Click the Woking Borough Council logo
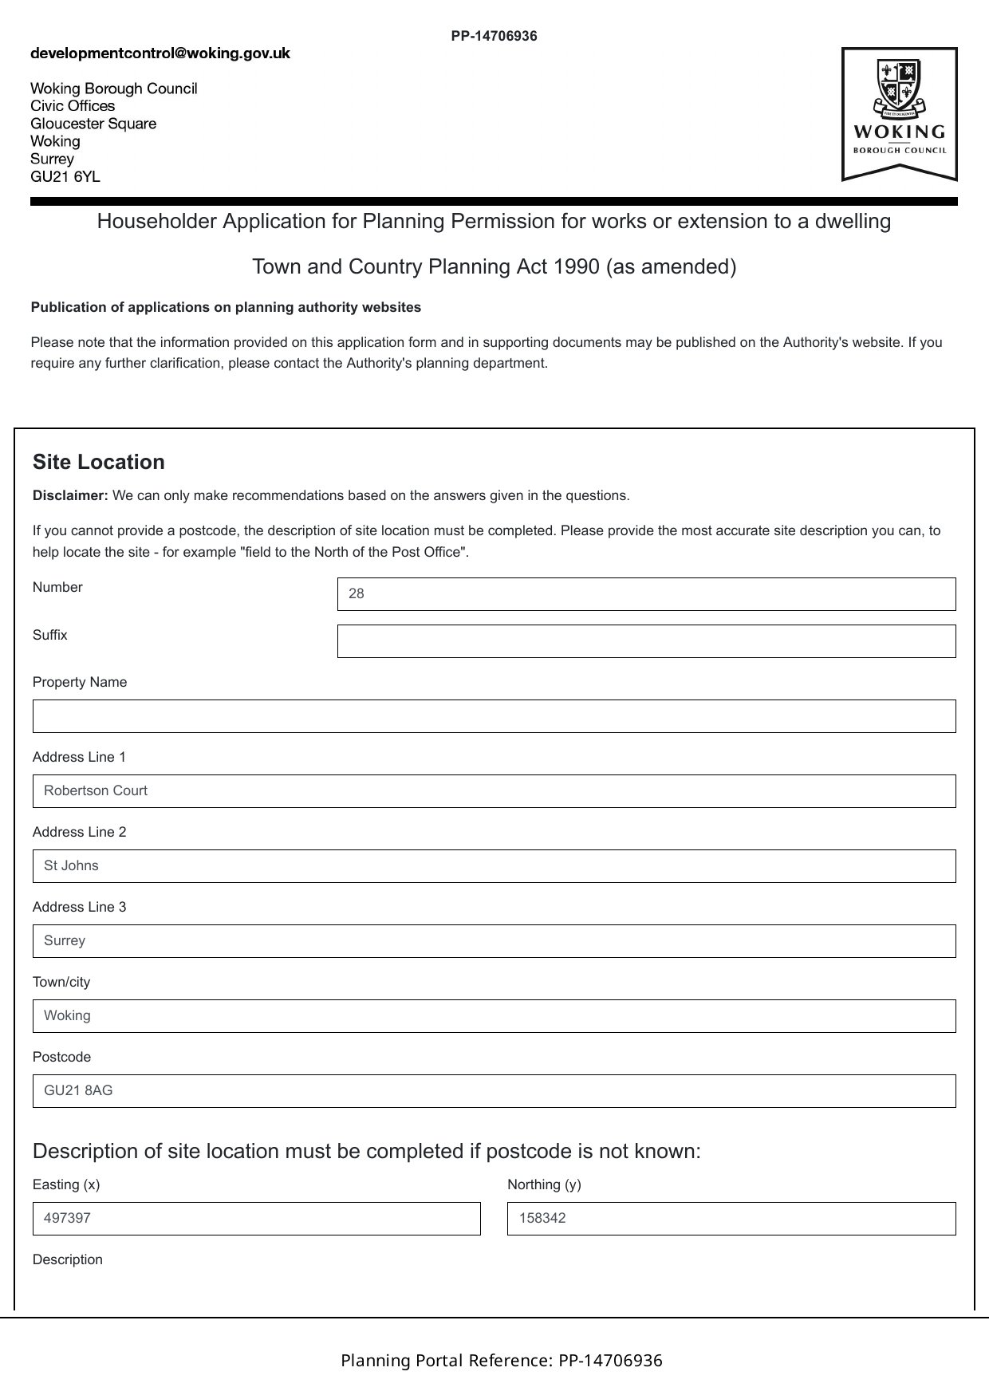coord(899,113)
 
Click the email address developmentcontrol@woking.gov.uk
coord(160,53)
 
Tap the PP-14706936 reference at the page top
coord(494,36)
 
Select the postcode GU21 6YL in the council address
coord(65,176)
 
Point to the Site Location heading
coord(99,462)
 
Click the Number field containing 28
coord(646,594)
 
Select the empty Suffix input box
coord(646,641)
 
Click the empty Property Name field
coord(494,716)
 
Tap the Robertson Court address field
coord(494,791)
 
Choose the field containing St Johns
coord(494,866)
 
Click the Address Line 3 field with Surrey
coord(494,941)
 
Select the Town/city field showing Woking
coord(494,1016)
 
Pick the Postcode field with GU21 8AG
coord(494,1091)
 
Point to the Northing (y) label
coord(544,1184)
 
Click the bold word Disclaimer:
coord(70,495)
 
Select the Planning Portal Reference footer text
coord(502,1360)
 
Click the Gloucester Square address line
coord(93,124)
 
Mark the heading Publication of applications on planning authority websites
coord(226,307)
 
